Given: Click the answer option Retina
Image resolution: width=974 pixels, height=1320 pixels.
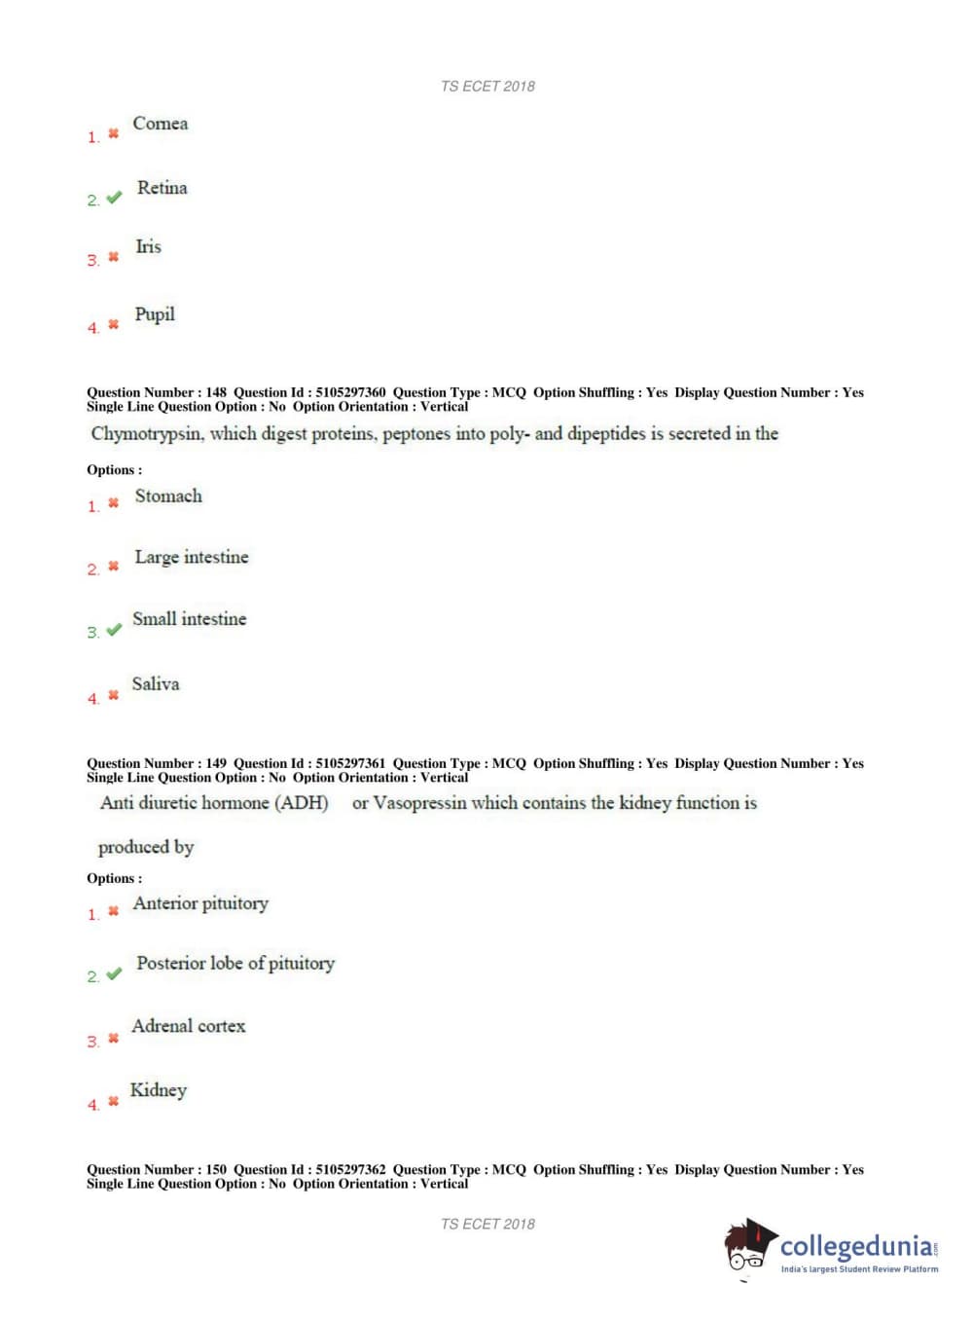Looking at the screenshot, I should point(162,188).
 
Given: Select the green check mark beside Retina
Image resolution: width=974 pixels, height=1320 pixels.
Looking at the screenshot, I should point(114,198).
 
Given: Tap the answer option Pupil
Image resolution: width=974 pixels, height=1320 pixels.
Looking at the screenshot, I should point(155,314).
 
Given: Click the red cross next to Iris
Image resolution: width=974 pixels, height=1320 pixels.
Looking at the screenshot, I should point(113,257).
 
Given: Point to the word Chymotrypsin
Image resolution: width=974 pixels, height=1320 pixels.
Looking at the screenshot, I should point(147,434).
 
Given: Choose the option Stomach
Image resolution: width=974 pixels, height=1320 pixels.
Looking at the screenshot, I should point(168,496).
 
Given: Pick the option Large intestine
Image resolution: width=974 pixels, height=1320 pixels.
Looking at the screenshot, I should point(192,558).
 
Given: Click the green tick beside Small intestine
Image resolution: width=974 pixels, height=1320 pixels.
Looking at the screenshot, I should point(114,630).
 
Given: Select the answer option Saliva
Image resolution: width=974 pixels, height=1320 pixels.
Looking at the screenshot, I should point(156,684).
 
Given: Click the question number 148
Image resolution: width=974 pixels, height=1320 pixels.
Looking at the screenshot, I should point(216,392).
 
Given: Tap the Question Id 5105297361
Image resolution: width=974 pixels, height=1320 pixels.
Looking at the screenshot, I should point(350,763).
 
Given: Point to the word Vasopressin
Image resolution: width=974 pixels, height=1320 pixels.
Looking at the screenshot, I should point(420,803).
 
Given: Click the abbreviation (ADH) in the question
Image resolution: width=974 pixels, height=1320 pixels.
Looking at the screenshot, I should point(302,803).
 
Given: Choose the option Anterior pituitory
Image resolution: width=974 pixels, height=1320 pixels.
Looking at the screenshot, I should point(200,903).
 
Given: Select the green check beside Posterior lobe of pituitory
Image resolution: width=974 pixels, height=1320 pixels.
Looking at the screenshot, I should point(114,973).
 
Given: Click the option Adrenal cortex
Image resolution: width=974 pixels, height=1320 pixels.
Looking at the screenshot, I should point(189,1026).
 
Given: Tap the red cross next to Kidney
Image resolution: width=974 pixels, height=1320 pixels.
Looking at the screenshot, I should point(113,1101).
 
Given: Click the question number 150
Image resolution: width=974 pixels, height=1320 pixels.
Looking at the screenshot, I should point(216,1169).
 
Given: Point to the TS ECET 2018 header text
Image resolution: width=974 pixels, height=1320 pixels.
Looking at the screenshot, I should point(487,87).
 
